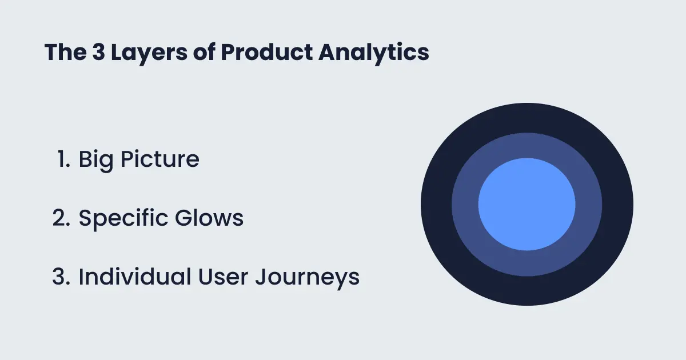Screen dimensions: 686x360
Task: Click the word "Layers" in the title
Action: (x=149, y=53)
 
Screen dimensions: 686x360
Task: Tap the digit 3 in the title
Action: (x=98, y=52)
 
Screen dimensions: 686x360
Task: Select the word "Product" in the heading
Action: (x=266, y=52)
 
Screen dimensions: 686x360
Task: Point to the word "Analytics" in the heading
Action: (x=374, y=53)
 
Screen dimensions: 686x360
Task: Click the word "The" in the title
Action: (x=66, y=52)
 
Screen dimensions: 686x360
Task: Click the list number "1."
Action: (x=63, y=159)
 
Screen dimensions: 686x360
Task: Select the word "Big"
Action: (x=96, y=161)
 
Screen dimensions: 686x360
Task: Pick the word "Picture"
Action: (x=160, y=159)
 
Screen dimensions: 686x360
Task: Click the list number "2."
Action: (x=61, y=218)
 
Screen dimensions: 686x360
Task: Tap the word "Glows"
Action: (x=209, y=218)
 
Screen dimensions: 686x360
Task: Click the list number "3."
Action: (x=61, y=277)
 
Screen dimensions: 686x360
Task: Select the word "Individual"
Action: (x=135, y=277)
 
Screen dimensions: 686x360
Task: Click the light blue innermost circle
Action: (x=527, y=204)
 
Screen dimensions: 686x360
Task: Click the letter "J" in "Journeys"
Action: (x=261, y=277)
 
